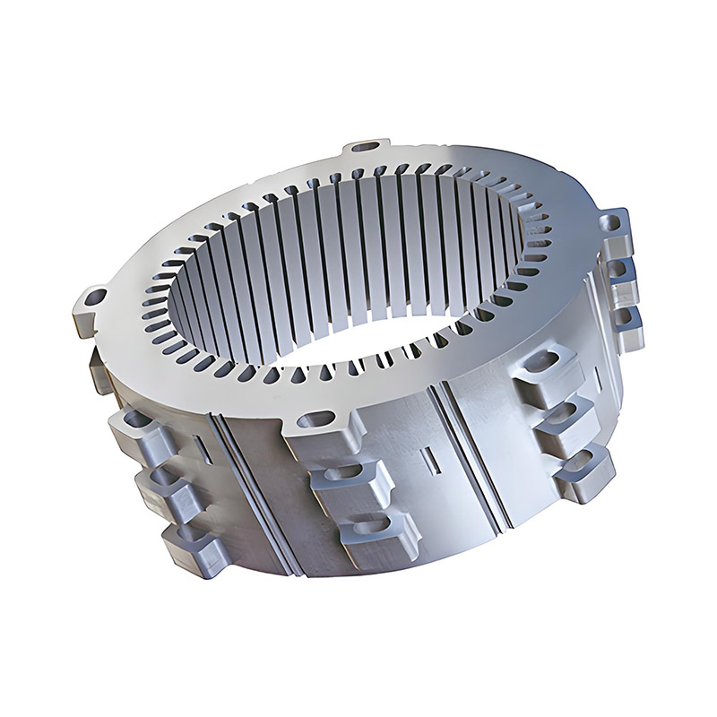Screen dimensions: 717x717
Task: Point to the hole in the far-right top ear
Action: pyautogui.click(x=616, y=218)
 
